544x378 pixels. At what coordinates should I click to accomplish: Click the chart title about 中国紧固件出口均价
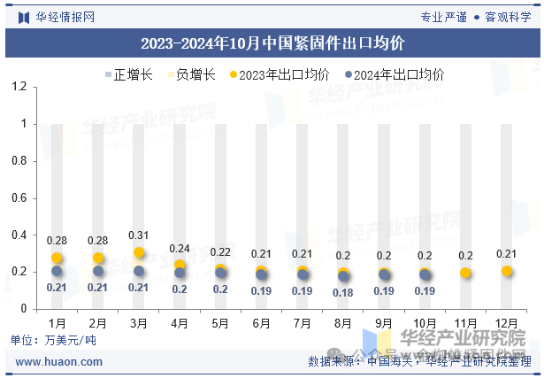[272, 42]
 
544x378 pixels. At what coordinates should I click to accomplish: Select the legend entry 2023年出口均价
[279, 74]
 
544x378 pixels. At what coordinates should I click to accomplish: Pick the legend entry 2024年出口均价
[394, 74]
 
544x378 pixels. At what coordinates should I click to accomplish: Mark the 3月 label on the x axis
[139, 324]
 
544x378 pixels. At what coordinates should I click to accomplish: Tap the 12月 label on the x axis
[507, 324]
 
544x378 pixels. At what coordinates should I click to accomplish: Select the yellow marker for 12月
[507, 271]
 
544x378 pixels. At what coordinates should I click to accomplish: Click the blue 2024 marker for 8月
[343, 276]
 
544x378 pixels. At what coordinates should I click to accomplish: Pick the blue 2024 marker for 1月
[57, 271]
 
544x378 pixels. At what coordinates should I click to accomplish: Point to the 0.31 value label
[139, 235]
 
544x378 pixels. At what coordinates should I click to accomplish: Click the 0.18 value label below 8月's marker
[343, 293]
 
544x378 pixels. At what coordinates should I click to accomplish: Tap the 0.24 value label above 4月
[180, 248]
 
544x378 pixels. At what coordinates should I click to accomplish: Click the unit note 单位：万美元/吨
[53, 340]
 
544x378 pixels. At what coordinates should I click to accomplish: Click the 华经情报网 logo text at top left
[65, 16]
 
